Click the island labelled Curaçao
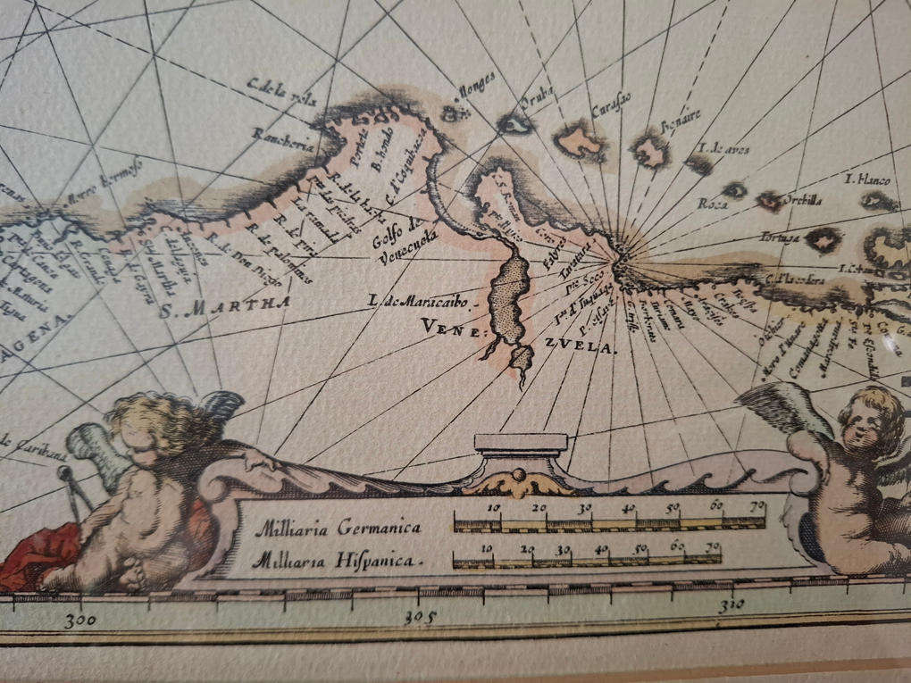tap(580, 141)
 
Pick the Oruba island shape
tap(515, 124)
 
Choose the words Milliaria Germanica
tap(338, 528)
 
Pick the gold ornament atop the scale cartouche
tap(520, 482)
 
